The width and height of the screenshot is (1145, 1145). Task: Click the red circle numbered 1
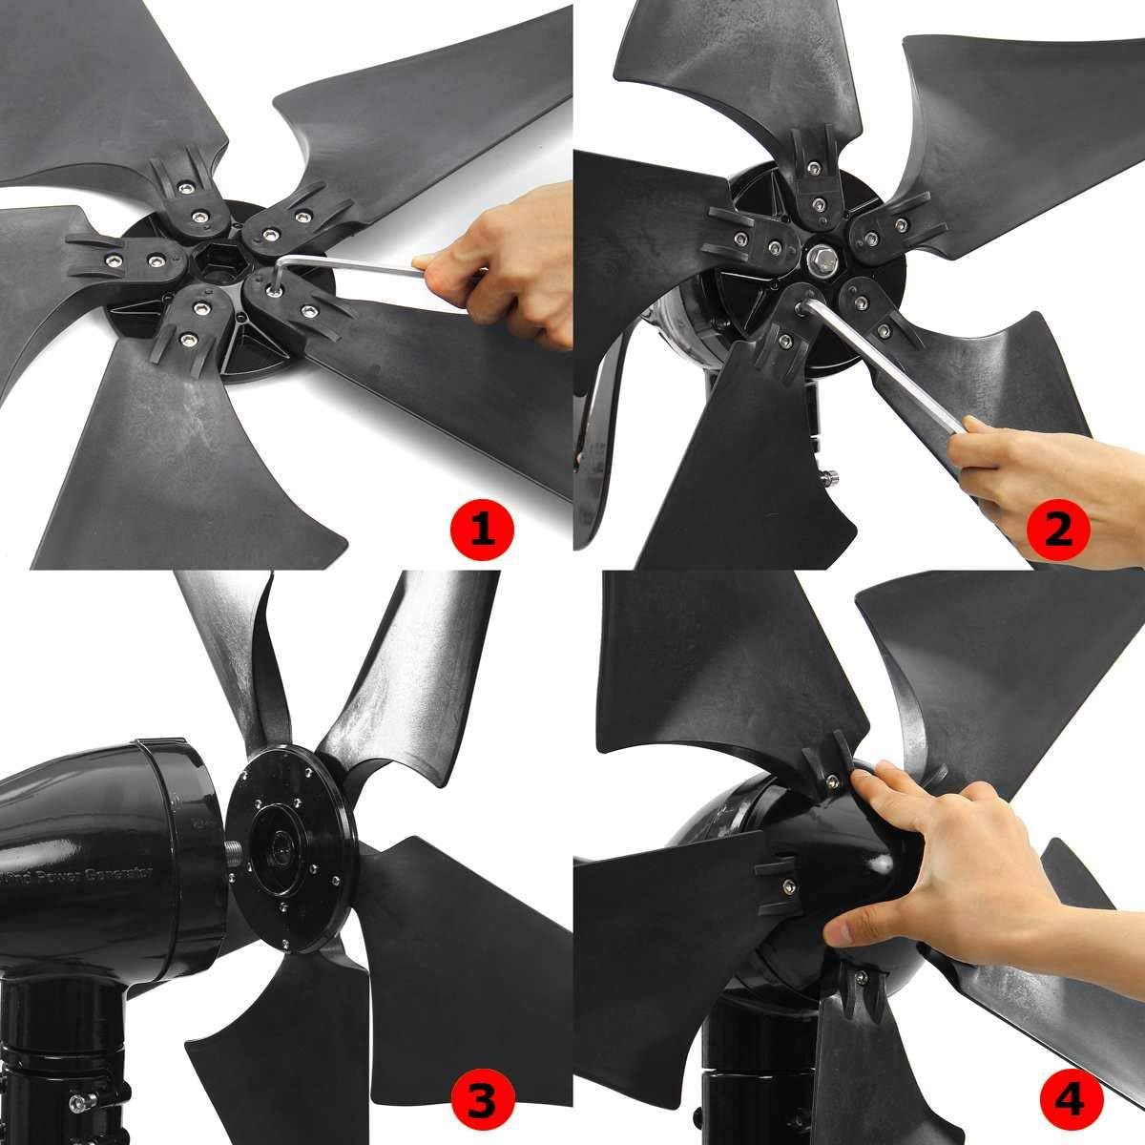[484, 528]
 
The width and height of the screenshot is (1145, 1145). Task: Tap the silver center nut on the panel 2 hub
[820, 260]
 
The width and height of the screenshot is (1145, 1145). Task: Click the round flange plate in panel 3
[286, 840]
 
